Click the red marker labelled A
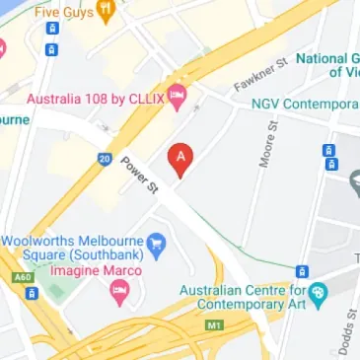[x=180, y=159]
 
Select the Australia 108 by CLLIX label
[x=95, y=98]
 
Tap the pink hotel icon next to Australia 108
[x=178, y=97]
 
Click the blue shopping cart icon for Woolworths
[x=155, y=242]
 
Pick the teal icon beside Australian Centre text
[x=317, y=292]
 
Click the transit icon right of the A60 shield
[x=33, y=293]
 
